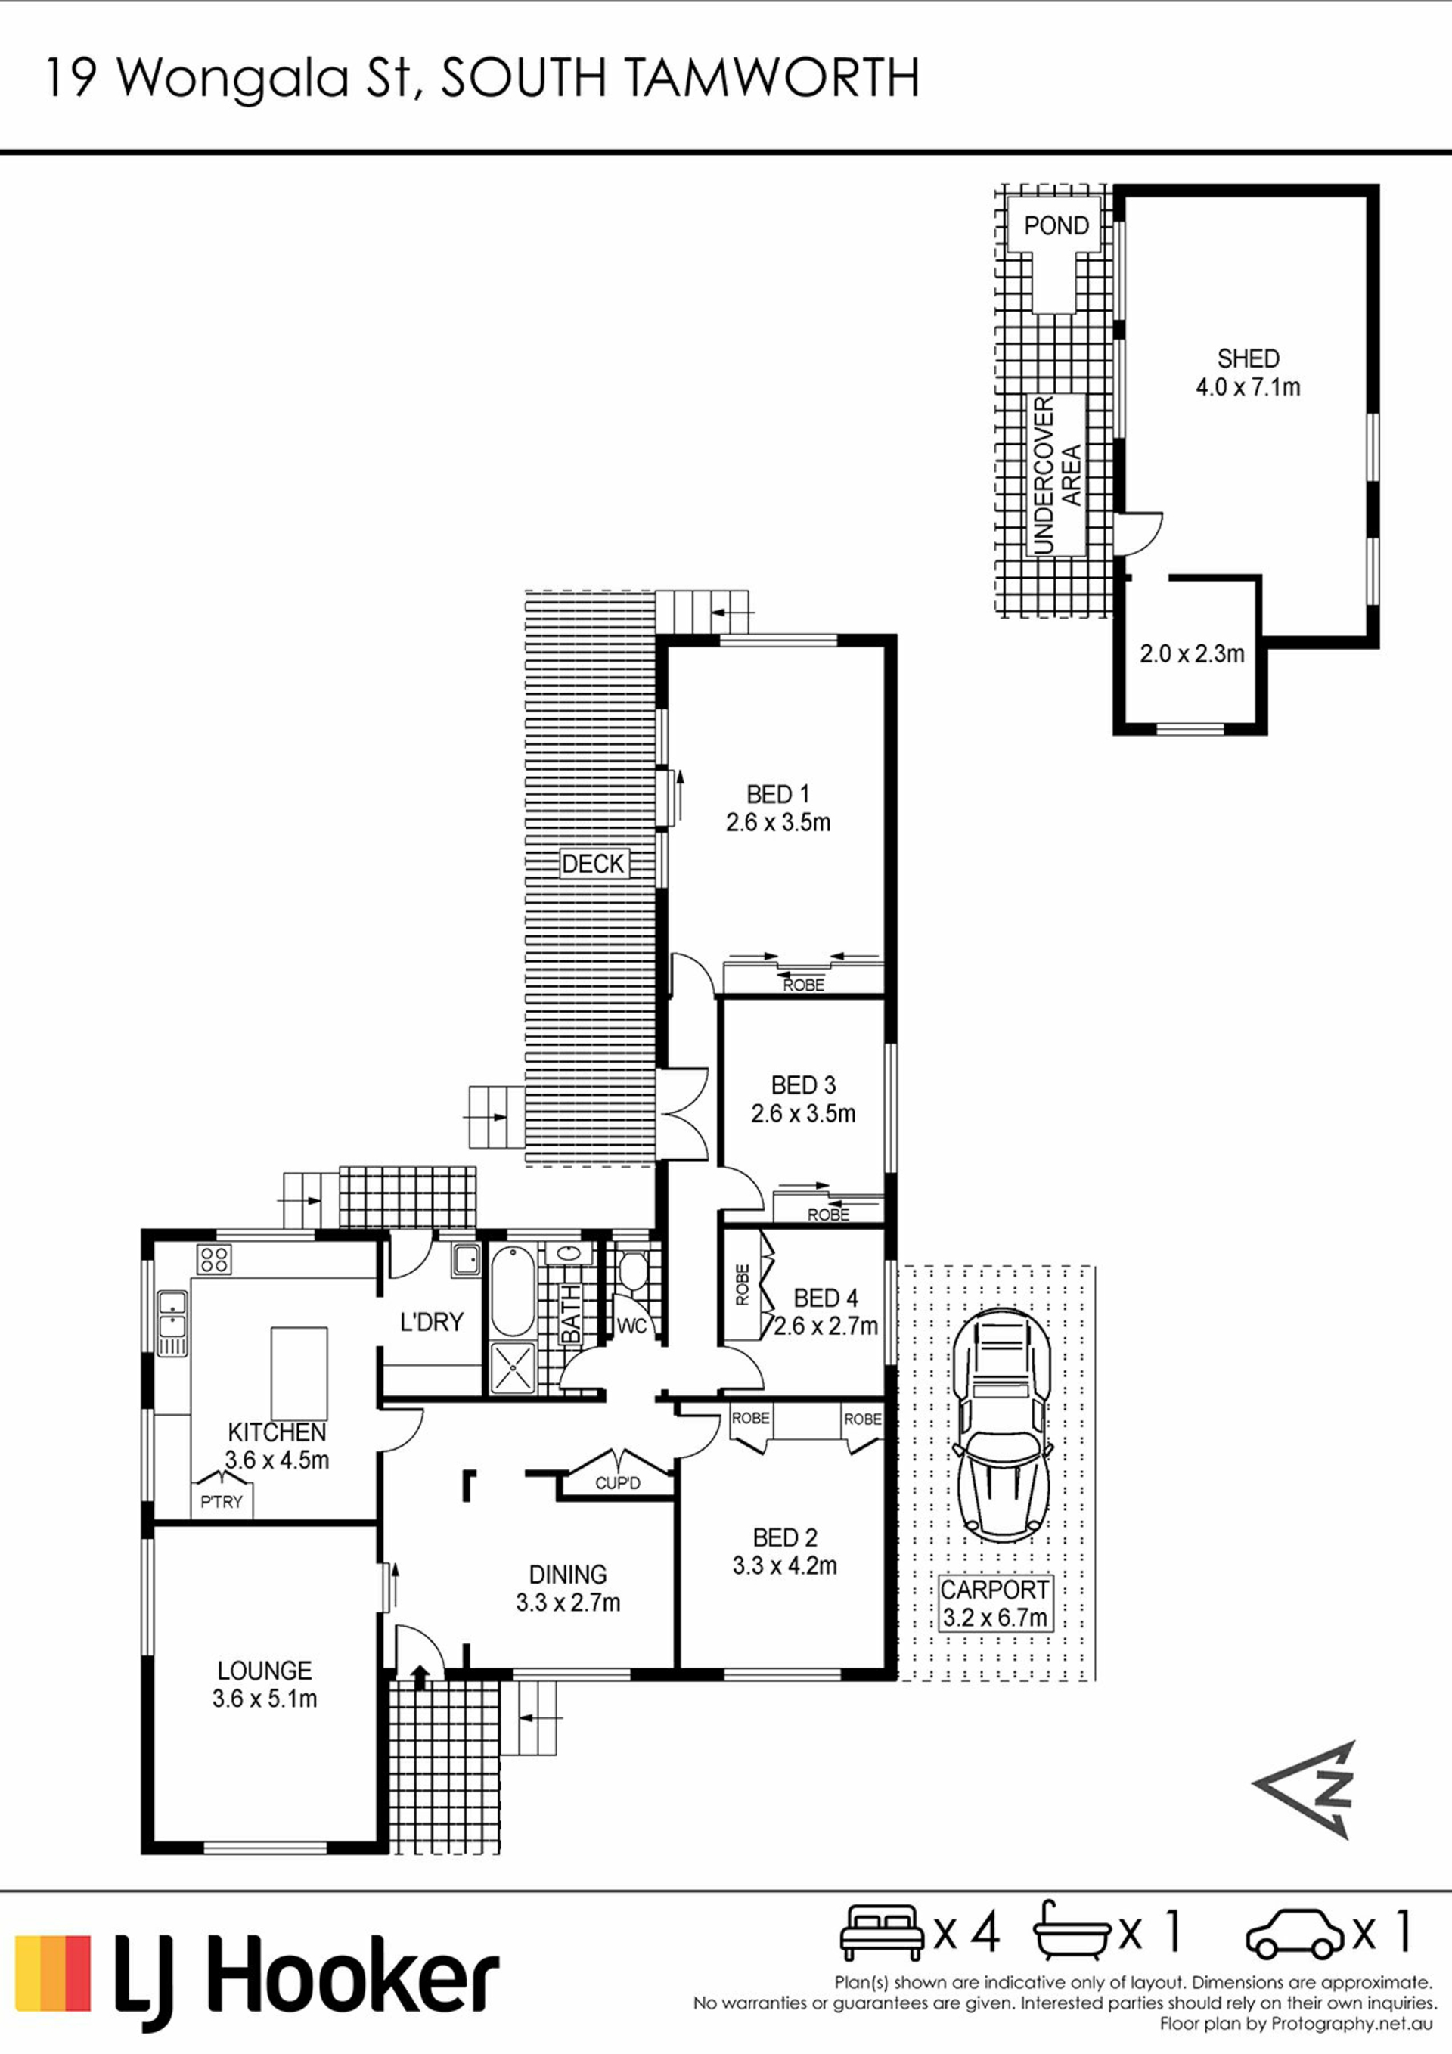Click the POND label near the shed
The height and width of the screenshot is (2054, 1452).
1056,225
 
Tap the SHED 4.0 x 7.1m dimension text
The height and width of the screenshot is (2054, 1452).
1248,387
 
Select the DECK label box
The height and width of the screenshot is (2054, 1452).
593,864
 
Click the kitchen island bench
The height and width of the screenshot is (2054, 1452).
299,1373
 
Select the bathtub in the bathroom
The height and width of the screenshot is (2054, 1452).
513,1291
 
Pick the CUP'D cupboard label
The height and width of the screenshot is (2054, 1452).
617,1482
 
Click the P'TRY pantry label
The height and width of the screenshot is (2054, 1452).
221,1501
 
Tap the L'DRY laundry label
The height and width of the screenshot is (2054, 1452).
431,1321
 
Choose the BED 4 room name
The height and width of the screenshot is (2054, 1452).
826,1297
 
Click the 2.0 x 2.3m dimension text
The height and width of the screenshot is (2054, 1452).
1192,654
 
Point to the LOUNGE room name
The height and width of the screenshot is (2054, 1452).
265,1671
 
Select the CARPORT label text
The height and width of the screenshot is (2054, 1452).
994,1590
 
